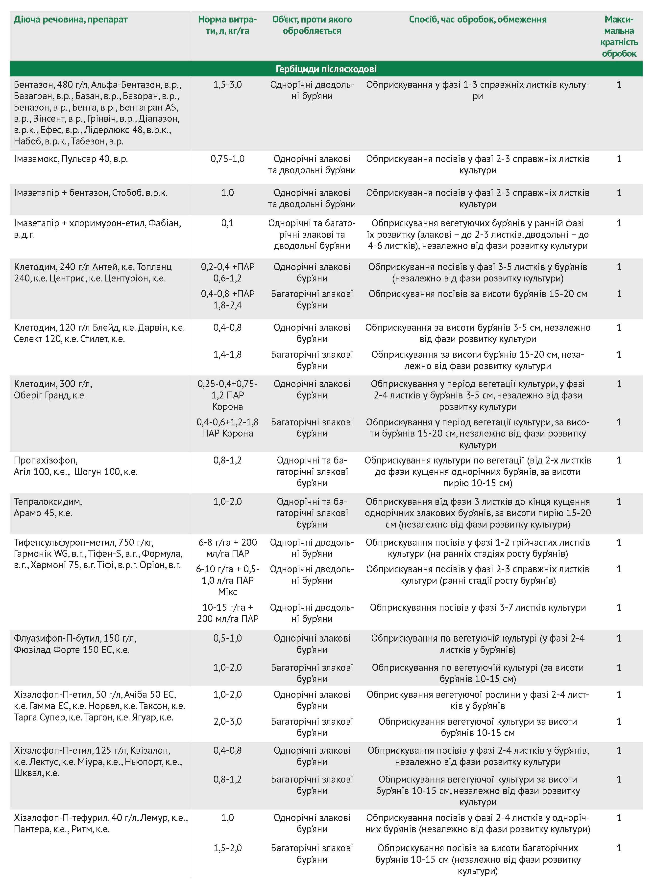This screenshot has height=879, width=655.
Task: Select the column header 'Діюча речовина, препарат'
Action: [71, 20]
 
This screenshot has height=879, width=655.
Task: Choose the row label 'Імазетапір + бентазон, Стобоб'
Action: [90, 193]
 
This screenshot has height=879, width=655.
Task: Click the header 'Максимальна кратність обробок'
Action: [619, 36]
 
